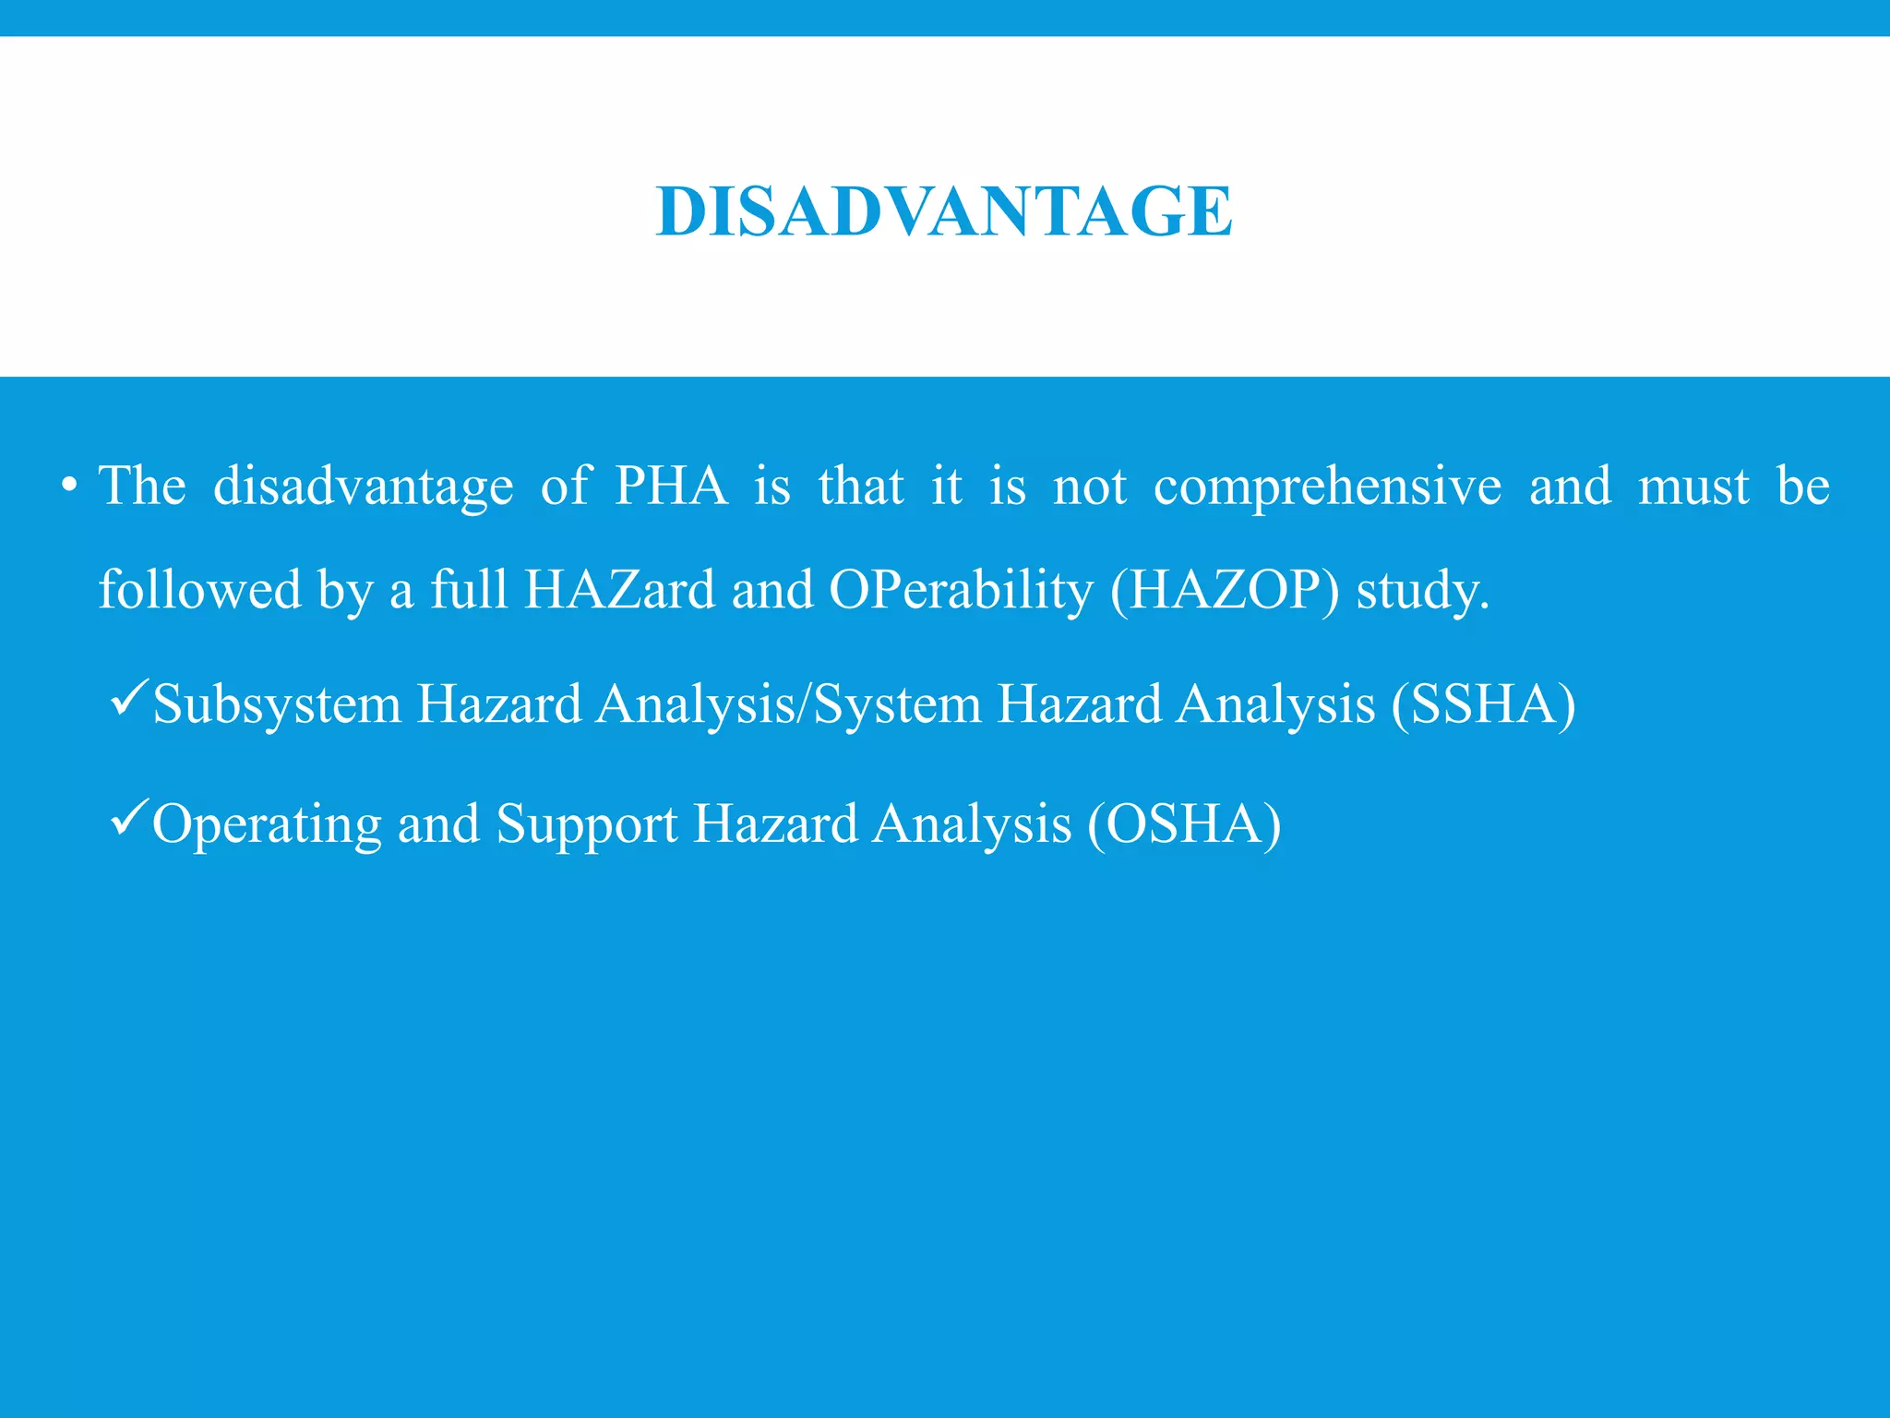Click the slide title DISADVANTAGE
(x=944, y=211)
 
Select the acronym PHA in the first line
(x=671, y=486)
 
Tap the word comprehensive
(x=1327, y=487)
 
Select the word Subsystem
(x=277, y=705)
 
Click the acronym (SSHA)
(x=1483, y=705)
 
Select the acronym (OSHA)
(x=1184, y=824)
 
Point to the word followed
(x=199, y=590)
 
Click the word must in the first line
(x=1693, y=487)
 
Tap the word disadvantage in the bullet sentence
(x=363, y=487)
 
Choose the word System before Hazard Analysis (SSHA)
(x=897, y=706)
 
